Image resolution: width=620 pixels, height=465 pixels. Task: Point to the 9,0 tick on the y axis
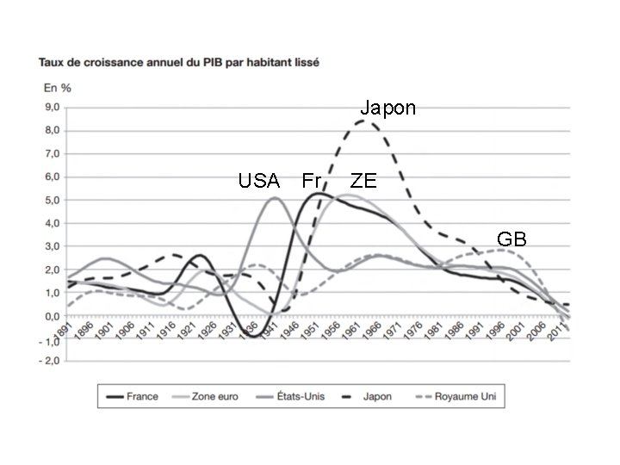pos(53,108)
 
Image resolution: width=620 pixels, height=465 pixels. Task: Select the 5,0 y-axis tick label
pos(53,201)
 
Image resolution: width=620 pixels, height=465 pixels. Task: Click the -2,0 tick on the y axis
pos(51,361)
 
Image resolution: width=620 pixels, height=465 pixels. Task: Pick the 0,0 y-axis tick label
pos(53,317)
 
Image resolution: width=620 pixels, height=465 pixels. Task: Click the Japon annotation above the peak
pos(387,108)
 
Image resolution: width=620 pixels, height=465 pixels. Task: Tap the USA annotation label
pos(259,181)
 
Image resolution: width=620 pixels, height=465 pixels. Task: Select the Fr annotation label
pos(311,181)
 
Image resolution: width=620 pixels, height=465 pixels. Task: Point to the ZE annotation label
pos(363,181)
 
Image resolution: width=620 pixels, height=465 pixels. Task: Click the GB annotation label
pos(512,239)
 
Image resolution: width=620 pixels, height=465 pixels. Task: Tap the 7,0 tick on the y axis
pos(53,154)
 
